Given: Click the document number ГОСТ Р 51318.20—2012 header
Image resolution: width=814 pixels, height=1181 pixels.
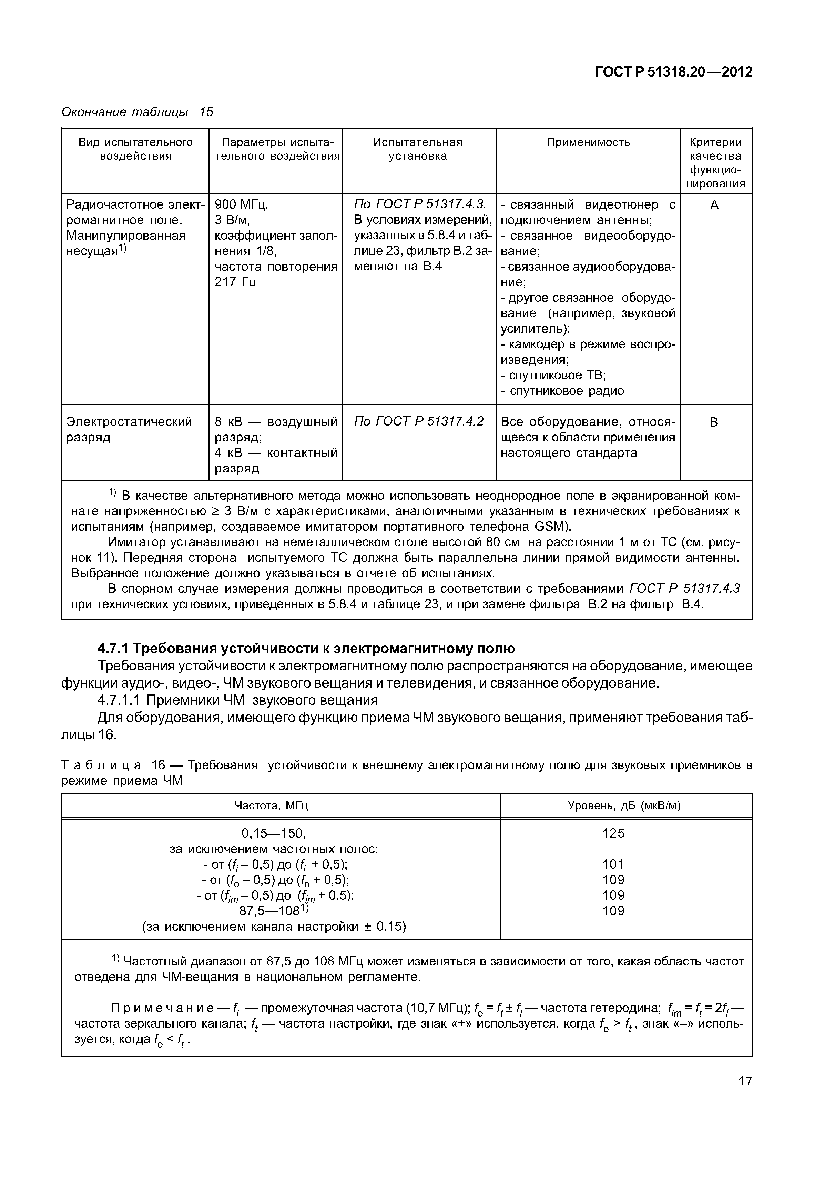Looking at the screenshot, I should [x=673, y=72].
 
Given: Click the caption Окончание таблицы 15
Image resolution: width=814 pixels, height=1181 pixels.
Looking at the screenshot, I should [x=137, y=112].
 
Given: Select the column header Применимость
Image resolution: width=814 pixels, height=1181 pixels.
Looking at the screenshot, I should [x=588, y=142].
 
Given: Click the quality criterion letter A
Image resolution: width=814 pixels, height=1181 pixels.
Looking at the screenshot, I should [x=714, y=205].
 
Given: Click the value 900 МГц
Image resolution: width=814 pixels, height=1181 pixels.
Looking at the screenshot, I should [x=241, y=205].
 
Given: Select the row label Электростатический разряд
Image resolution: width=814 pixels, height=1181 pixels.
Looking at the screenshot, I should [x=129, y=429].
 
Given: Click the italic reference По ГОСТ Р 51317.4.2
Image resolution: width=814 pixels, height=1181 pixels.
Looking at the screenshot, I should [x=418, y=422].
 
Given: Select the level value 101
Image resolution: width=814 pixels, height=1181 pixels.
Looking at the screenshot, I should [x=613, y=864].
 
